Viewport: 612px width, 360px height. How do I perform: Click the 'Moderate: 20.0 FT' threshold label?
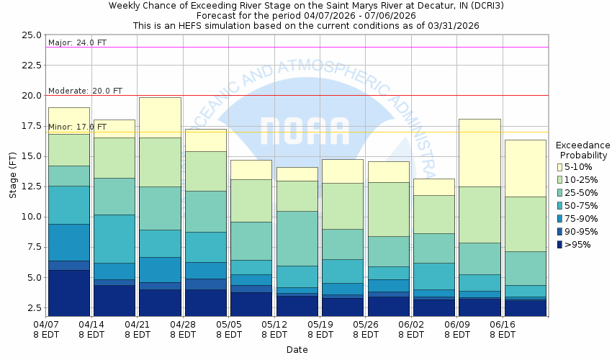click(85, 91)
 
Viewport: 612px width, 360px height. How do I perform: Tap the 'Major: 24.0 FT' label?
click(77, 42)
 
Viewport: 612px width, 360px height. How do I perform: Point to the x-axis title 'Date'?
click(297, 350)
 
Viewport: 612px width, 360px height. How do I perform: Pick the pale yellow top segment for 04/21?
click(160, 117)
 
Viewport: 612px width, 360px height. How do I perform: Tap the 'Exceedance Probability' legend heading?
click(582, 150)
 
